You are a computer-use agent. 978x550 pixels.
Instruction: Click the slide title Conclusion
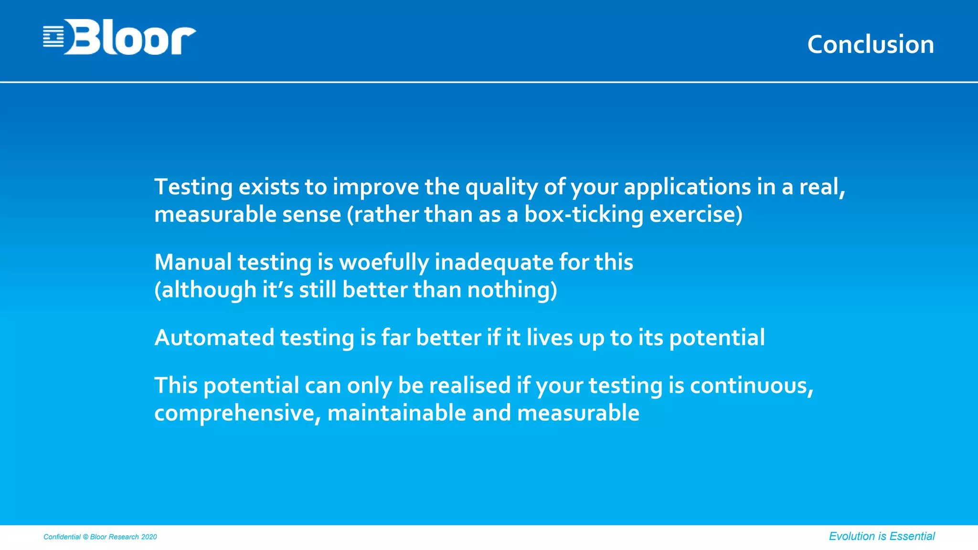pos(870,44)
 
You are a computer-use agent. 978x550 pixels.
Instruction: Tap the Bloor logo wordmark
pos(130,37)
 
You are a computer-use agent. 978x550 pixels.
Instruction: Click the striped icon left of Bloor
pos(53,37)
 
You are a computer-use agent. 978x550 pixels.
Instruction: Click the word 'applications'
pos(687,187)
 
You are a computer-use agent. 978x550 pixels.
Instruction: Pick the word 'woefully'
pos(384,262)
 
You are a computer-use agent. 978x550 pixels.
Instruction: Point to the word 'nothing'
pos(509,290)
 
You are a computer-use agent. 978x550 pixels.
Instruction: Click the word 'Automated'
pos(214,338)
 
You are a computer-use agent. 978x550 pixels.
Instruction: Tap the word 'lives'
pos(550,338)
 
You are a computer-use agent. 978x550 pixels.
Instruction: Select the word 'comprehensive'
pos(234,413)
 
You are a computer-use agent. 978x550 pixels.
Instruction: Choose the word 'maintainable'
pos(396,413)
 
